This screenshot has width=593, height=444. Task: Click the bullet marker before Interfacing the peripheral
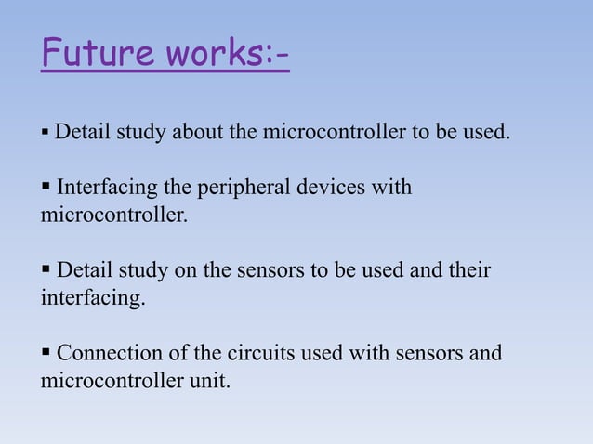coord(46,189)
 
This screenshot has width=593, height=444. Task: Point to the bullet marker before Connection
coord(46,354)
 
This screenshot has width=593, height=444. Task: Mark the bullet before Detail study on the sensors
coord(46,271)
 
